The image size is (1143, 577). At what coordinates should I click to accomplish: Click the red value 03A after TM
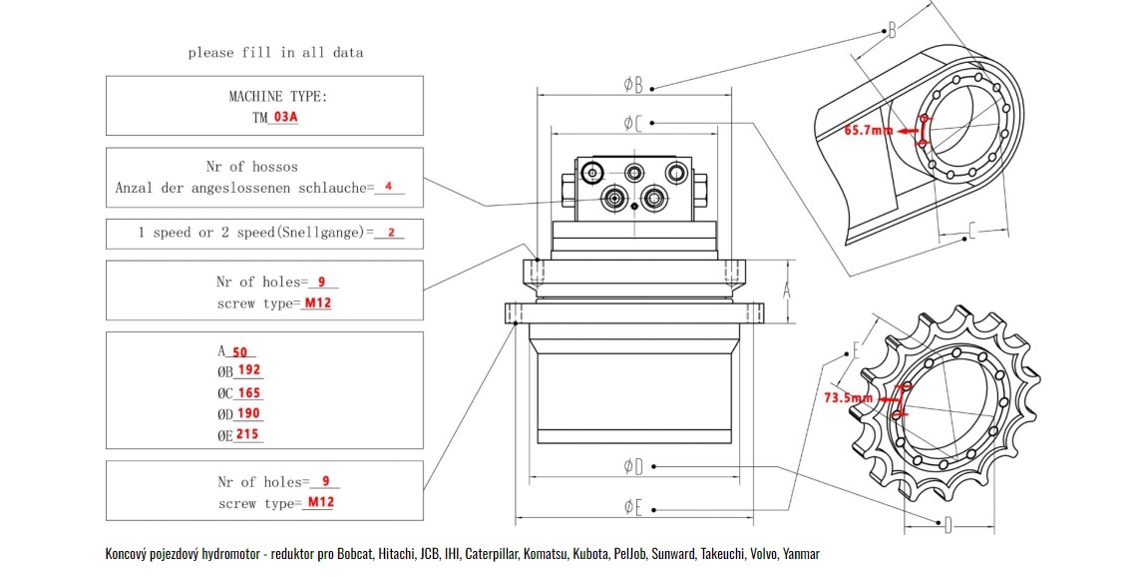point(285,116)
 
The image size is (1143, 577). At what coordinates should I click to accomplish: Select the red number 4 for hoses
point(389,186)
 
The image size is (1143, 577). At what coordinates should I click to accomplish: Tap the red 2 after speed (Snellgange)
point(391,232)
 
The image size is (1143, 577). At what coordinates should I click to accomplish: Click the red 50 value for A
point(239,352)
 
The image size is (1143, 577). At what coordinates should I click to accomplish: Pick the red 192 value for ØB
point(249,369)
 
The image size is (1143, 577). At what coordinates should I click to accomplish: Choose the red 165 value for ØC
point(249,392)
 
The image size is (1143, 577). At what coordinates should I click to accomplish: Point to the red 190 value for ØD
point(248,413)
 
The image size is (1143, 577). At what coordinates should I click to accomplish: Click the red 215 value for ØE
point(247,434)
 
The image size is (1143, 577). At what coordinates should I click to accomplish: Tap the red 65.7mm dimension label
point(869,131)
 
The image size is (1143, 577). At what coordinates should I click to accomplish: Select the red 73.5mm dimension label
point(849,398)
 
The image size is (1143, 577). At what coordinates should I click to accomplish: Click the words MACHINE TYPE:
point(278,96)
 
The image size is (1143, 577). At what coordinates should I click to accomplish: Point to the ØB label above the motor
point(633,85)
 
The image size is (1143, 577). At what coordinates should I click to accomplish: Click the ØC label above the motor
point(633,123)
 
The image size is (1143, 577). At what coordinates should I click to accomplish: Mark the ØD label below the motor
point(633,465)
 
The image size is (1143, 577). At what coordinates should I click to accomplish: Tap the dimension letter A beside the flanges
point(787,290)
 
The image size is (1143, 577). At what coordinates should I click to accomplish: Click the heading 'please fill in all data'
point(275,53)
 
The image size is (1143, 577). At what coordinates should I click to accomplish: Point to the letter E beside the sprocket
point(857,350)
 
